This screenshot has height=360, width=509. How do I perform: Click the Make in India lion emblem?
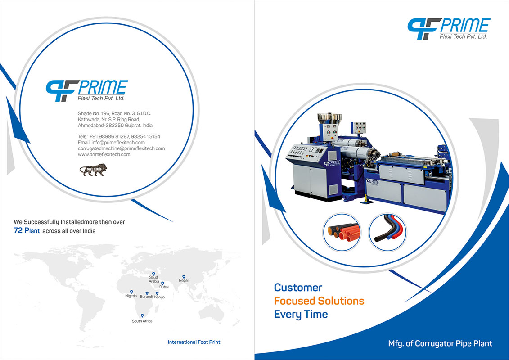click(x=94, y=170)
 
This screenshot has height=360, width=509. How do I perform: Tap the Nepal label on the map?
click(x=184, y=280)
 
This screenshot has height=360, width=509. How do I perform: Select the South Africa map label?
click(x=142, y=321)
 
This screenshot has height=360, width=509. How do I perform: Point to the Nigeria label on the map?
click(x=131, y=296)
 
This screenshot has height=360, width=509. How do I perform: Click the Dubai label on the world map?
click(x=164, y=287)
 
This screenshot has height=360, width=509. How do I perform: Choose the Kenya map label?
click(x=159, y=297)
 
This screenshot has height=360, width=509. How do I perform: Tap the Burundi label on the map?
click(x=146, y=297)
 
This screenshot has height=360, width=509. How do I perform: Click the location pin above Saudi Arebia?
click(x=153, y=274)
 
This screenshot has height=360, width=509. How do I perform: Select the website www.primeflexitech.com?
click(x=104, y=154)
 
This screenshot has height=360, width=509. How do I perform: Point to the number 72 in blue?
click(x=18, y=231)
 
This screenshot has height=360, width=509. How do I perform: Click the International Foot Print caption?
click(x=194, y=342)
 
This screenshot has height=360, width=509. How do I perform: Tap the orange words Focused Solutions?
click(x=319, y=301)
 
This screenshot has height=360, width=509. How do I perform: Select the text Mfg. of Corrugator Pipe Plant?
click(x=440, y=343)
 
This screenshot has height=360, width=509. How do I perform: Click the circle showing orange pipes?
click(x=342, y=232)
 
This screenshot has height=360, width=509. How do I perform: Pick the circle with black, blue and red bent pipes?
click(x=387, y=232)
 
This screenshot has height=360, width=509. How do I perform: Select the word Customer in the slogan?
click(x=298, y=288)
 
